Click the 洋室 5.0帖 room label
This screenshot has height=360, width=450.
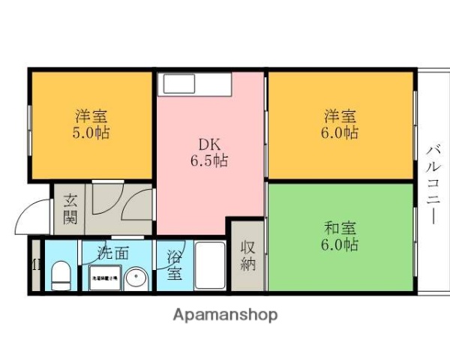(x=91, y=124)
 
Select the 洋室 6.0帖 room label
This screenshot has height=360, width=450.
(x=340, y=124)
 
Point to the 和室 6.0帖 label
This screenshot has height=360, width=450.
(x=340, y=235)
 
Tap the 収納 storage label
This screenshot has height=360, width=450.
(x=248, y=254)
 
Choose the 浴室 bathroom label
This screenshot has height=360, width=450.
(x=173, y=263)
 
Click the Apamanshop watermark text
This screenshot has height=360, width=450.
(x=225, y=314)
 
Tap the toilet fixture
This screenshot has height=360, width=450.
(x=61, y=275)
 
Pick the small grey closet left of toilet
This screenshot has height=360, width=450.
(x=35, y=265)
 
